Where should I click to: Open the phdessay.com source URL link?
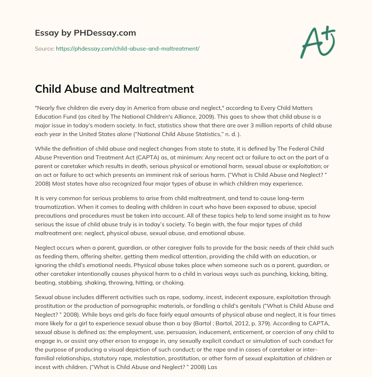point(128,48)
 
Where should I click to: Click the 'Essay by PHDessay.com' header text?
point(85,33)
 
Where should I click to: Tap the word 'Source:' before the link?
point(45,48)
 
